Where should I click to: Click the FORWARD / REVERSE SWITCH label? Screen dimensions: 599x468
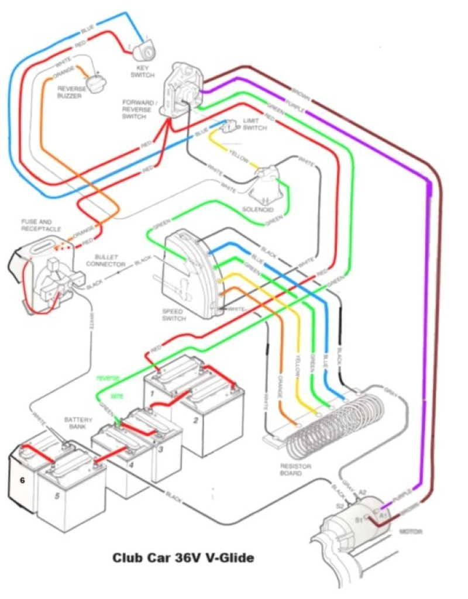(139, 109)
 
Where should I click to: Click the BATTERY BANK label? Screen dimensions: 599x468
(77, 424)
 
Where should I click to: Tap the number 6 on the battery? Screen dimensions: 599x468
(22, 480)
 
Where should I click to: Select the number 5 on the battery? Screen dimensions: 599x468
(57, 497)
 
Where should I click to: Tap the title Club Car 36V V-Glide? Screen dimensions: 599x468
(183, 558)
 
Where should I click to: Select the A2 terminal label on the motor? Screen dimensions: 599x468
(363, 492)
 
